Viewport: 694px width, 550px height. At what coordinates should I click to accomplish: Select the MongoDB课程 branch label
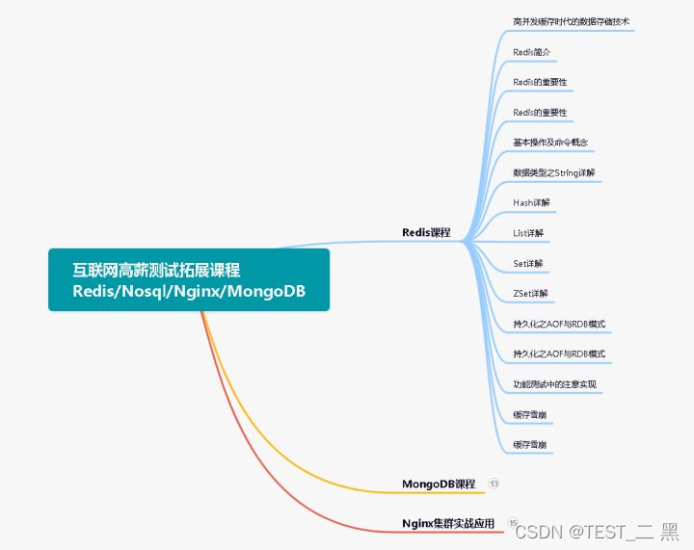439,484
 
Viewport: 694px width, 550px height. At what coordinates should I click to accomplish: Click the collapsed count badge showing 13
494,483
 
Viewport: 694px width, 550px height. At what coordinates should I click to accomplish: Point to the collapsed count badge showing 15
513,523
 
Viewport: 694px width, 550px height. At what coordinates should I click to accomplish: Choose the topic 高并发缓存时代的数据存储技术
572,20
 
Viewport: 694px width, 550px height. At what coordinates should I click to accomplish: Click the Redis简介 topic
532,51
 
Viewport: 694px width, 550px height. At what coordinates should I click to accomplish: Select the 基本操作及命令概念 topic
551,143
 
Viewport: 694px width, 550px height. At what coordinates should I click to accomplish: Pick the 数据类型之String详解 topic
554,172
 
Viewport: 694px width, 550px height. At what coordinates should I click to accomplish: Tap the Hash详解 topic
531,203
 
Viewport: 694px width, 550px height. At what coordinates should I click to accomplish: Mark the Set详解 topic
528,263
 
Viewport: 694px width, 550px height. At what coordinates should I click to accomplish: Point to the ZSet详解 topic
531,293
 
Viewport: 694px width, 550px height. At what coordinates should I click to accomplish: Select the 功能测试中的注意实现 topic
554,384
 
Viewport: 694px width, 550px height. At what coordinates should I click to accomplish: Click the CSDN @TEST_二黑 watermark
597,531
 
